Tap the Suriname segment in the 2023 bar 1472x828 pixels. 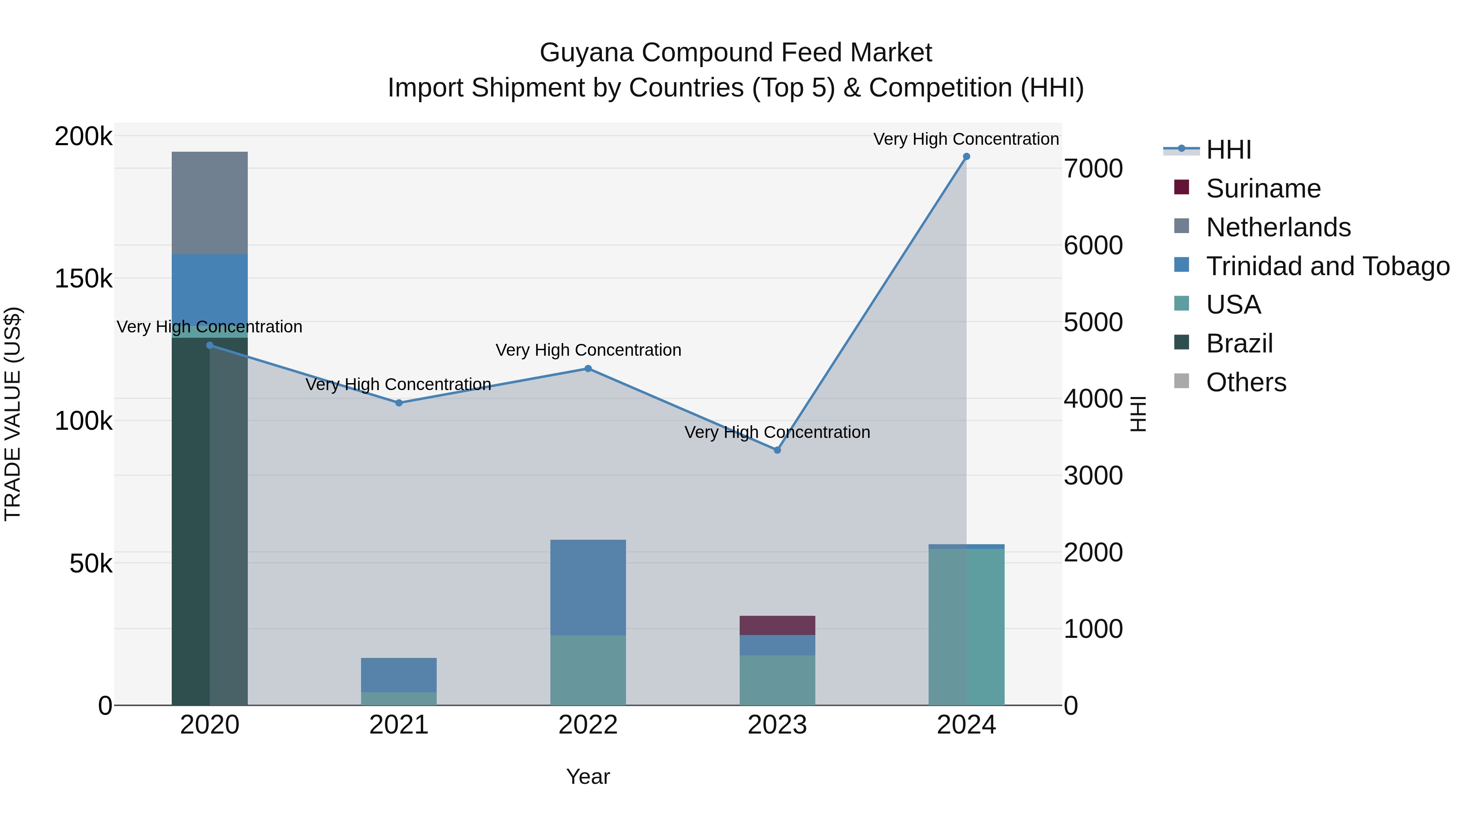pos(777,625)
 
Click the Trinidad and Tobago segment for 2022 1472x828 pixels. pos(588,587)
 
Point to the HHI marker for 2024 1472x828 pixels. pos(966,157)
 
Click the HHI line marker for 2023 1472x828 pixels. pos(777,450)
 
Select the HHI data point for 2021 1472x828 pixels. pos(399,403)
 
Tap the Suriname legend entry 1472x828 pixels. pos(1263,188)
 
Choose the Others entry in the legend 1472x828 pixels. pos(1246,382)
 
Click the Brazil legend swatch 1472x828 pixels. pos(1181,343)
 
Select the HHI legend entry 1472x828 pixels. pos(1229,150)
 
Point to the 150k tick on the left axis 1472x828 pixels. pos(83,279)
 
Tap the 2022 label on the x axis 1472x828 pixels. pos(588,725)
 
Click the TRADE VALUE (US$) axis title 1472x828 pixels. pos(13,414)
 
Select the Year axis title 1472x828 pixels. pos(588,776)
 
